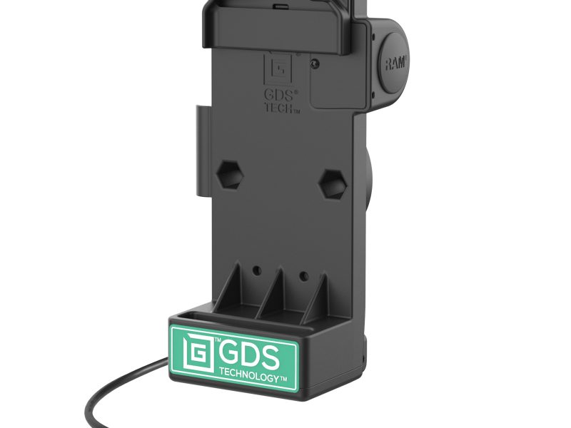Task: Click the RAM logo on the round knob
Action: coord(397,65)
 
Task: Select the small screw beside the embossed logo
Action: coord(315,63)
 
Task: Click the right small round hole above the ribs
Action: coord(303,275)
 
